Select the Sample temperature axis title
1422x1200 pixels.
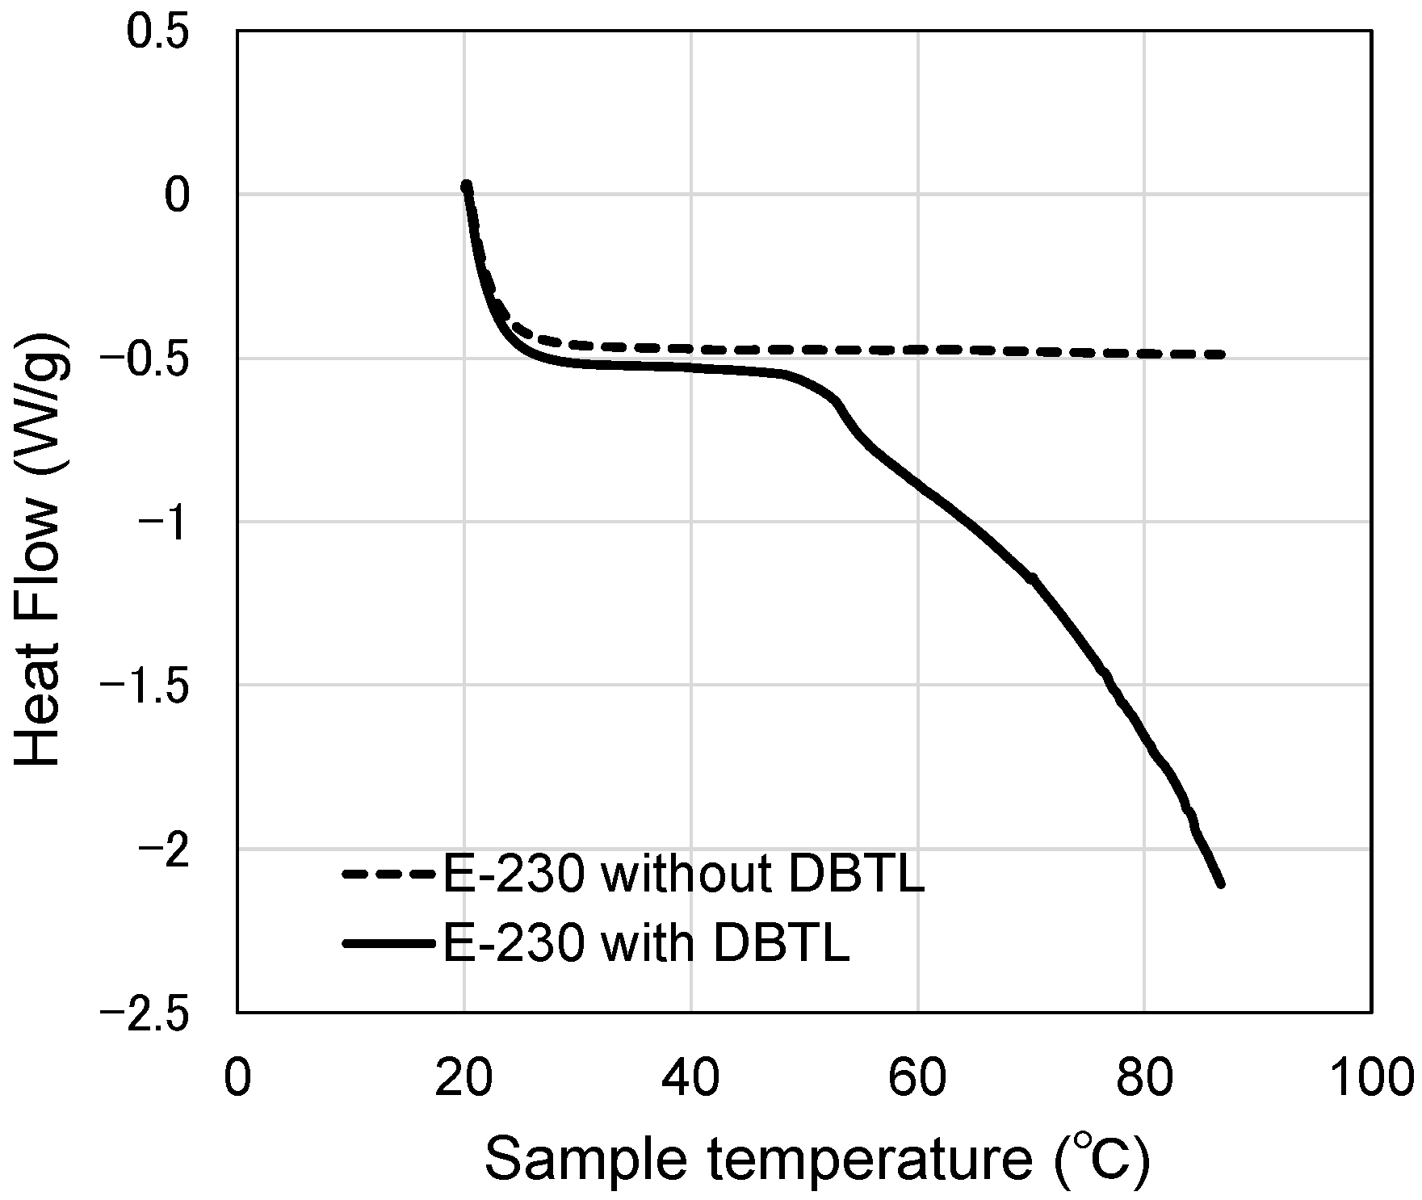coord(816,1161)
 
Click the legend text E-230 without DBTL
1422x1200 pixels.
coord(682,875)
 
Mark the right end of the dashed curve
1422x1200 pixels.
coord(1223,355)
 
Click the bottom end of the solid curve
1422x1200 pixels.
coord(1221,884)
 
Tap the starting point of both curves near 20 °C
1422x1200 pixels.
coord(466,186)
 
